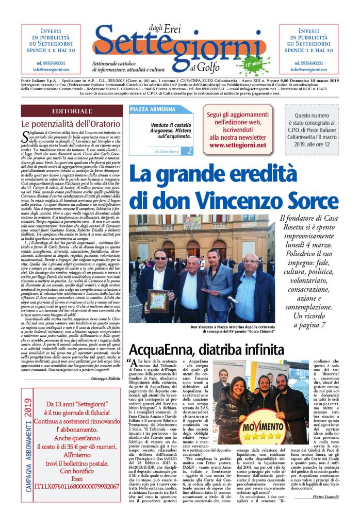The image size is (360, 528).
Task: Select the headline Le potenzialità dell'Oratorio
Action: coord(64,124)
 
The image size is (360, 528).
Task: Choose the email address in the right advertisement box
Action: coord(309,69)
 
